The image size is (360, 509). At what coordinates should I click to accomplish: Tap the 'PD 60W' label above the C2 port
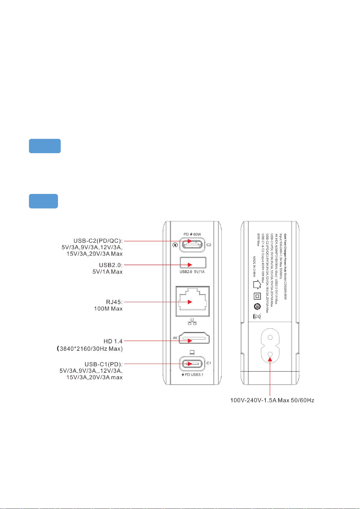pyautogui.click(x=192, y=234)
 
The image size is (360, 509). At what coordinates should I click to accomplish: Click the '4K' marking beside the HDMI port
pyautogui.click(x=175, y=338)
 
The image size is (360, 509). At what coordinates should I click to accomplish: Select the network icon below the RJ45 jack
pyautogui.click(x=192, y=323)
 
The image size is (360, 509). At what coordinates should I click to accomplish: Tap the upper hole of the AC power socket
pyautogui.click(x=270, y=337)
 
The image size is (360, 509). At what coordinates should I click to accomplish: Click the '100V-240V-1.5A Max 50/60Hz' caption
pyautogui.click(x=272, y=401)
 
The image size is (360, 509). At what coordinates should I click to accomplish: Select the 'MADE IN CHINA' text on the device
pyautogui.click(x=254, y=267)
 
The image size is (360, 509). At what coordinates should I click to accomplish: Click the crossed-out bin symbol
pyautogui.click(x=257, y=317)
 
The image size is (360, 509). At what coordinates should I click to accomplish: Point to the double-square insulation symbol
pyautogui.click(x=257, y=296)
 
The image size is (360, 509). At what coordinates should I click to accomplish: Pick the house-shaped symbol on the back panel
pyautogui.click(x=257, y=285)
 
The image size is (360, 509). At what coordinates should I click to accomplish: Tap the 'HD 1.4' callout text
pyautogui.click(x=113, y=341)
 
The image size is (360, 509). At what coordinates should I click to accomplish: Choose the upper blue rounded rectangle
pyautogui.click(x=45, y=146)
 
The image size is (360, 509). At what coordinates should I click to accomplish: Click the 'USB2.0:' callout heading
pyautogui.click(x=111, y=265)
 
